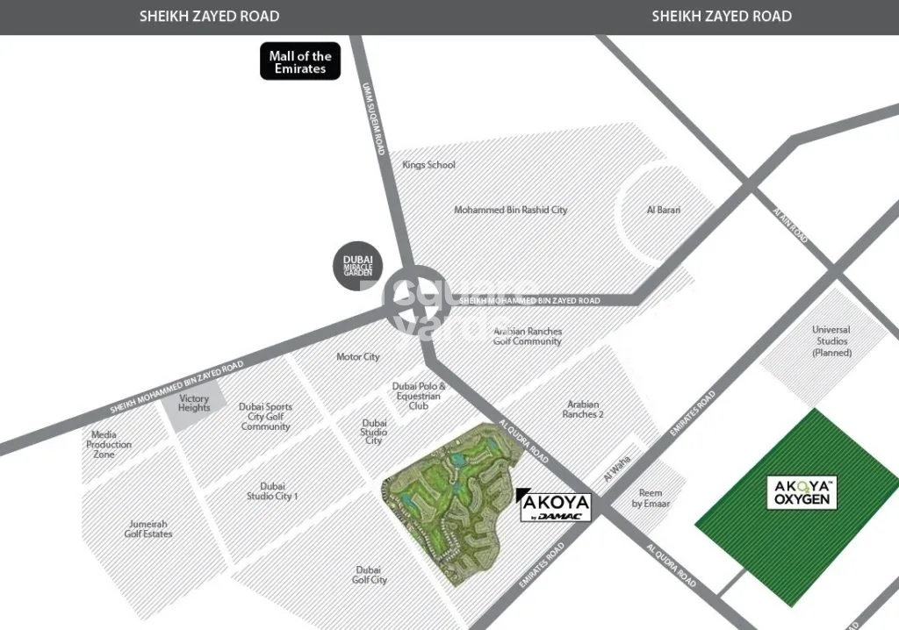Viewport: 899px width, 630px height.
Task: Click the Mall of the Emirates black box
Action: click(x=300, y=62)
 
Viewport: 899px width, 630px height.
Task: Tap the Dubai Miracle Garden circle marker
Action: click(x=357, y=265)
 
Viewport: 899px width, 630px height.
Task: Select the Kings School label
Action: click(x=428, y=165)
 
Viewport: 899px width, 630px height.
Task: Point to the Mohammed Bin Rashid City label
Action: click(x=510, y=211)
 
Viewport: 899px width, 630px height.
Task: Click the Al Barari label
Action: click(x=664, y=211)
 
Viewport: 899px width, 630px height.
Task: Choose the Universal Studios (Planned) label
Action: click(x=831, y=341)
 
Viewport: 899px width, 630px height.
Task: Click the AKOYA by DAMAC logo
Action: click(x=555, y=506)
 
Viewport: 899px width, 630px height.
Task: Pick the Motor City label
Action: click(x=358, y=357)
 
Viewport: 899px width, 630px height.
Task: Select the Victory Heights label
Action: click(x=194, y=404)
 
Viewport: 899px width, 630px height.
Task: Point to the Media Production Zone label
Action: click(x=109, y=444)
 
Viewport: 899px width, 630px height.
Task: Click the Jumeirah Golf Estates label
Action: click(x=148, y=528)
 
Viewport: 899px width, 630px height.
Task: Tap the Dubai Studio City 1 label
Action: click(x=272, y=491)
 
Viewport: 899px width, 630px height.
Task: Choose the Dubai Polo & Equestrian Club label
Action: click(x=419, y=396)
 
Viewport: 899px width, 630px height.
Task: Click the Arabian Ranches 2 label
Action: click(x=582, y=409)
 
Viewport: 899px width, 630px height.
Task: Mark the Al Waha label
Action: click(x=618, y=477)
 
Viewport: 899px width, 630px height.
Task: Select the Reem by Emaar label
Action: click(x=650, y=498)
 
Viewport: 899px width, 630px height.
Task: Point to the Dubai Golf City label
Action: click(x=370, y=575)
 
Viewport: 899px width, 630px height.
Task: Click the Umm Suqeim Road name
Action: click(x=374, y=118)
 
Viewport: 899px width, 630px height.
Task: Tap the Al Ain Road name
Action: click(x=790, y=226)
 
